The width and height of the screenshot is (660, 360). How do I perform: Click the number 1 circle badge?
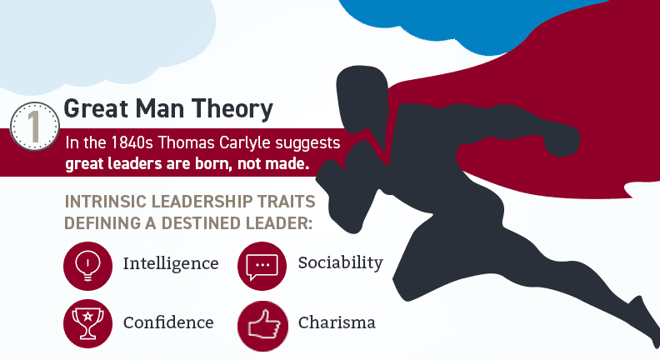pos(34,126)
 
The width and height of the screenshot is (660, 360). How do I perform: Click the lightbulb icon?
pos(88,266)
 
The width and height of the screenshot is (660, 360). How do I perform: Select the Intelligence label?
pos(171,264)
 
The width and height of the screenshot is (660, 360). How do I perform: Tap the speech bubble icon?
pos(262,266)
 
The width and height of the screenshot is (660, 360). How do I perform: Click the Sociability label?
pos(341,262)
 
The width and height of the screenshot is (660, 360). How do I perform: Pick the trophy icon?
pos(88,324)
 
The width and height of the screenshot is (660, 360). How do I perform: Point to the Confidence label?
pos(168,322)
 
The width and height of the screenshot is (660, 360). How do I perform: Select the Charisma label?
pos(337,322)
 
